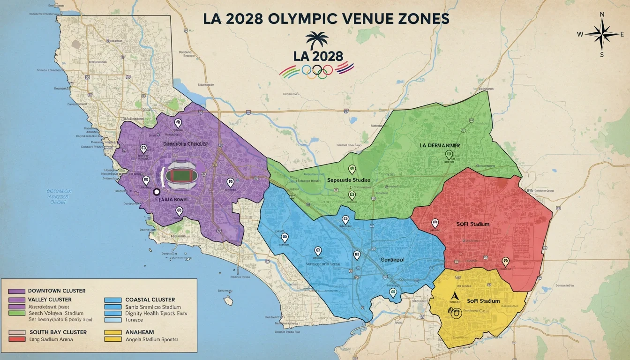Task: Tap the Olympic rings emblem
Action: tap(317, 70)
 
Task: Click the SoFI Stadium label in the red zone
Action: tap(472, 224)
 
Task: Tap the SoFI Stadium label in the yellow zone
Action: tap(483, 301)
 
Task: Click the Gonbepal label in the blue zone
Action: tap(391, 259)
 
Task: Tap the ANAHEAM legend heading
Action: tap(140, 332)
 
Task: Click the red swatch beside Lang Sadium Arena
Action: tap(17, 339)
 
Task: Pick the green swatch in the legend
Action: tap(17, 313)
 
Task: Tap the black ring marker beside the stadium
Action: tap(157, 191)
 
